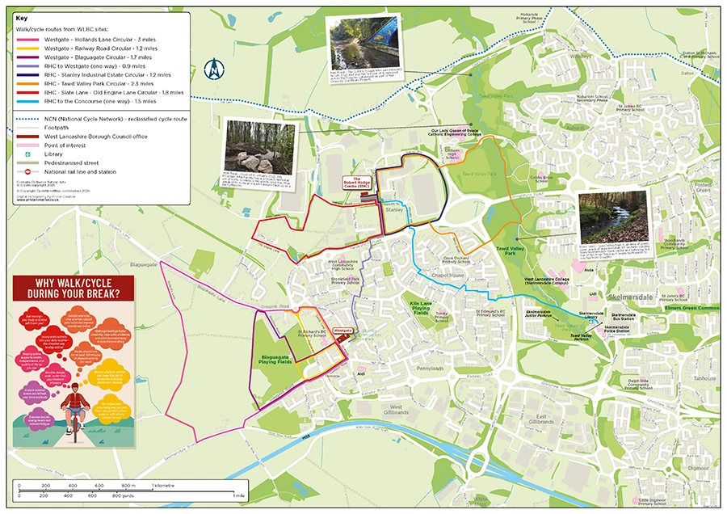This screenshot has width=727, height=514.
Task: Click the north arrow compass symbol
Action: pyautogui.click(x=213, y=71)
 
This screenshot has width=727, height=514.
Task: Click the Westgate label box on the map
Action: pyautogui.click(x=343, y=331)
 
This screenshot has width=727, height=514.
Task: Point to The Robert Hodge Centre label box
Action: pyautogui.click(x=358, y=183)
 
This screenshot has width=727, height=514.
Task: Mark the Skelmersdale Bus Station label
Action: pyautogui.click(x=628, y=316)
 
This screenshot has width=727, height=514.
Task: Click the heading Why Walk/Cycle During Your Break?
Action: pyautogui.click(x=74, y=288)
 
